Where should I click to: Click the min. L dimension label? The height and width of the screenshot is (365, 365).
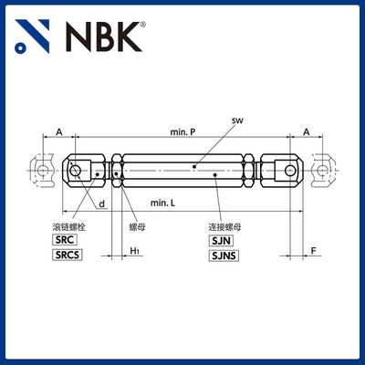pos(165,201)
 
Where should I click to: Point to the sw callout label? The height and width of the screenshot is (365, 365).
pos(235,120)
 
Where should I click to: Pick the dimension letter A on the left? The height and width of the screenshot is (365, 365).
pos(59,131)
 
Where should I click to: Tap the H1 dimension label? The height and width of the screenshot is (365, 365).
pos(133,250)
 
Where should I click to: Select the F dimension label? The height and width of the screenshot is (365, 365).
pos(313,250)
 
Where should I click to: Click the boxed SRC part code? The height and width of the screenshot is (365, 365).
pos(67,238)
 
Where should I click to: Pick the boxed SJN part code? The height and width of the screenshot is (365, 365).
pos(222,238)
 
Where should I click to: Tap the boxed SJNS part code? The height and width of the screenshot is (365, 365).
pos(224,256)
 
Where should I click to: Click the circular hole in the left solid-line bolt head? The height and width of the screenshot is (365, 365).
pos(78,169)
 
